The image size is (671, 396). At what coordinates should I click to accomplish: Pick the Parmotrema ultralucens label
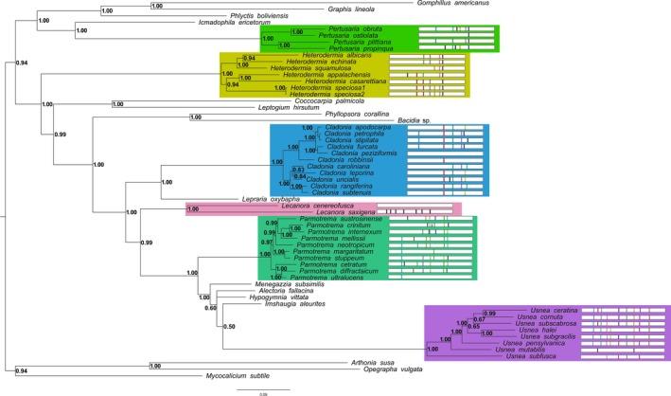[x=331, y=277]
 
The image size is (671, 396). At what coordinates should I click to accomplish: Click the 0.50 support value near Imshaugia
[x=228, y=326]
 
